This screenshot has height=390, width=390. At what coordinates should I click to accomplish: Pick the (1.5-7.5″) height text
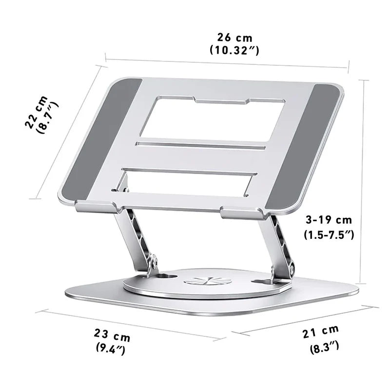point(329,234)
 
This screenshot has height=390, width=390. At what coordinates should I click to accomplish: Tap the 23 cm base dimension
point(112,335)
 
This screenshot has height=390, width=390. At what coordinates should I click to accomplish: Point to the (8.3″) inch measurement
point(324,347)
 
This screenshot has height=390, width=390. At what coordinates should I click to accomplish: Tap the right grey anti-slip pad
point(303,146)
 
